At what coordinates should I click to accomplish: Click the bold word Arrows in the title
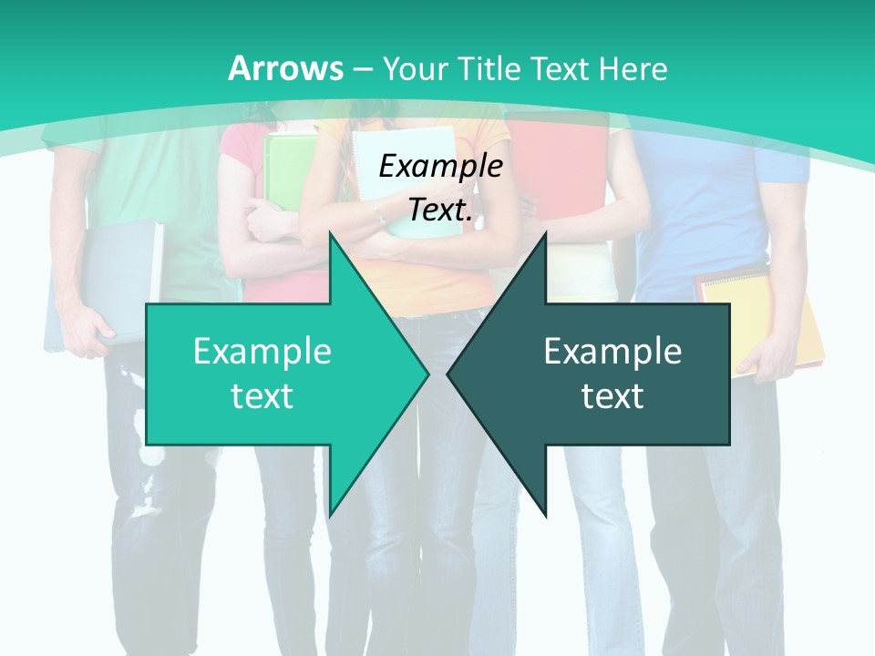pos(286,68)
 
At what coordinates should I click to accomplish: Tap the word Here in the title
pos(634,68)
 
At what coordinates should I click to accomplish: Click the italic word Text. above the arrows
pos(440,210)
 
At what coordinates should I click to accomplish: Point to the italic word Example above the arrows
pos(440,167)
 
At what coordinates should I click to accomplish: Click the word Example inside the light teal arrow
pos(262,351)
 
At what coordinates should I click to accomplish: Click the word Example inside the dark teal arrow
pos(612,351)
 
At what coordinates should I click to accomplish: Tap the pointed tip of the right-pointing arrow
pos(427,374)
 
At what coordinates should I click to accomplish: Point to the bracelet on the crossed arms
pos(377,215)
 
